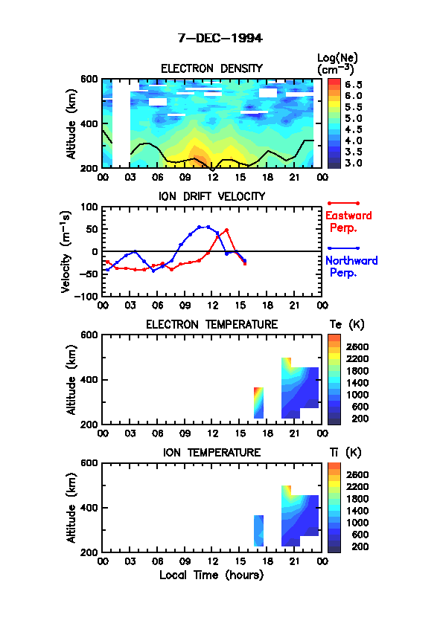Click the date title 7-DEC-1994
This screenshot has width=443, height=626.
coord(220,39)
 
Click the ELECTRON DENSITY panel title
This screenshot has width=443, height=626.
coord(211,68)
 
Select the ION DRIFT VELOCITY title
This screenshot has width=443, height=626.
coord(211,196)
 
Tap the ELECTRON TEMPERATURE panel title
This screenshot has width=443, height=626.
coord(211,325)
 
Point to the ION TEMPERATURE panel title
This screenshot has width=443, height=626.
coord(211,452)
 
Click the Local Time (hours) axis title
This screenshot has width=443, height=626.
coord(211,575)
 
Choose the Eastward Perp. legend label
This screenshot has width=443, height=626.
coord(348,222)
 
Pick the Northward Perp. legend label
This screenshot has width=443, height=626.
coord(351,267)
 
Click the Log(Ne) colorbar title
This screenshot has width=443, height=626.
coord(337,64)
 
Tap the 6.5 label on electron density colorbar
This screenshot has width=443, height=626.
coord(354,85)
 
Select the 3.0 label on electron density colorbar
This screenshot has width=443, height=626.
coord(354,163)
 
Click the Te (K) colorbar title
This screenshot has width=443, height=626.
coord(347,325)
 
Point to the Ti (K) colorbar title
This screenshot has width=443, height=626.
coord(345,452)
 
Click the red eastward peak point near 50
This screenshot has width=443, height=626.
coord(226,230)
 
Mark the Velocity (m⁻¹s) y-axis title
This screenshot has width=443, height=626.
coord(66,252)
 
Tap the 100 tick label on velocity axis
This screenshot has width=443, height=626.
coord(89,207)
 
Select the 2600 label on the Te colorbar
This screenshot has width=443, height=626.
coord(357,347)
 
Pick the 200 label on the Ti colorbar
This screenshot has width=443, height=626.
coord(360,546)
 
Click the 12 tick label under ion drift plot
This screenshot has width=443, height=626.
coord(212,306)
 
